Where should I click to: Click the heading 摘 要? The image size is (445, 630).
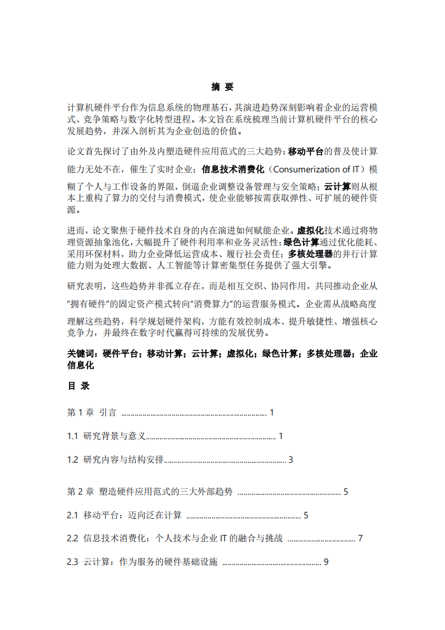pos(222,87)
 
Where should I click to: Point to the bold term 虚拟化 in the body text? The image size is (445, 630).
pos(310,230)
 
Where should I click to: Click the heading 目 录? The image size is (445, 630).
pos(79,386)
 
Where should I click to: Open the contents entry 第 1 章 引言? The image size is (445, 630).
pos(92,413)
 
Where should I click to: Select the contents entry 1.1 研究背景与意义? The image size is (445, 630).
pos(107,436)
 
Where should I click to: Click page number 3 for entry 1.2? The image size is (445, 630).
pos(291,460)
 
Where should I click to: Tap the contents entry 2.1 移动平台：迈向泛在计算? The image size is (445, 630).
pos(125,515)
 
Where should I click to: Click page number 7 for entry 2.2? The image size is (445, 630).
pos(360,538)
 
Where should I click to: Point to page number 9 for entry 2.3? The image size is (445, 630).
pos(326,562)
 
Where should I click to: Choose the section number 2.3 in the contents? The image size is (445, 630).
pos(72,562)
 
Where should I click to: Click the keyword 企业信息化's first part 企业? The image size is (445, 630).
pos(368,354)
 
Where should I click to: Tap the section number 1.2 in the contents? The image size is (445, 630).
pos(72,460)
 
